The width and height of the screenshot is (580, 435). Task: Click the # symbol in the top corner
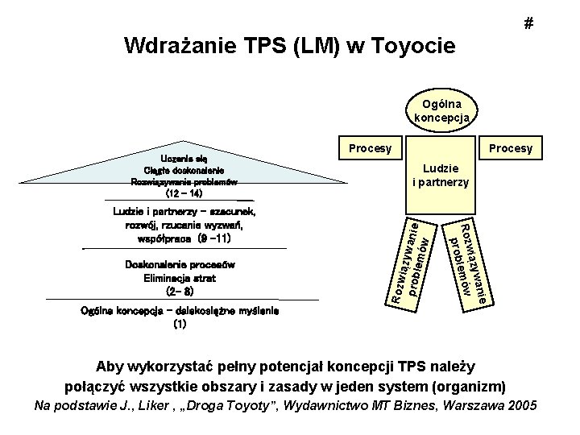(528, 24)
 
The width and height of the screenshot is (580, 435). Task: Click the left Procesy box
(370, 149)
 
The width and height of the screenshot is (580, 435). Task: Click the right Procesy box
(512, 149)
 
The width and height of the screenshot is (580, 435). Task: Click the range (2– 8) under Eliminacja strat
(179, 291)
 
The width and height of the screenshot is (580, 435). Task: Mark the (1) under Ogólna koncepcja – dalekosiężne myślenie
(179, 325)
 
